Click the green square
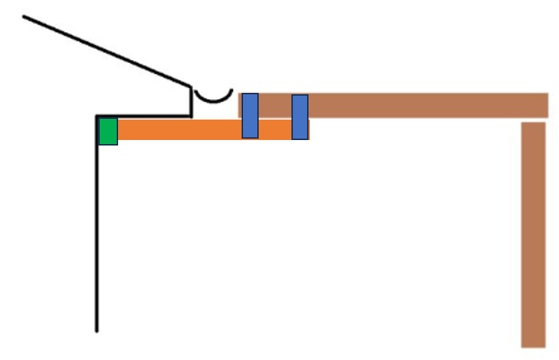108,131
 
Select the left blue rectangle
250,115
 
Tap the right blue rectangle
300,117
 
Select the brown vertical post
533,232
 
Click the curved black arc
212,100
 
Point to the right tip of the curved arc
231,90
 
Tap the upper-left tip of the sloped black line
25,16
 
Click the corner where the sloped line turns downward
190,85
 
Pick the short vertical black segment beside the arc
190,101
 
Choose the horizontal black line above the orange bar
143,117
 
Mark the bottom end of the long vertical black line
97,331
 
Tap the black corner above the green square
98,117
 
